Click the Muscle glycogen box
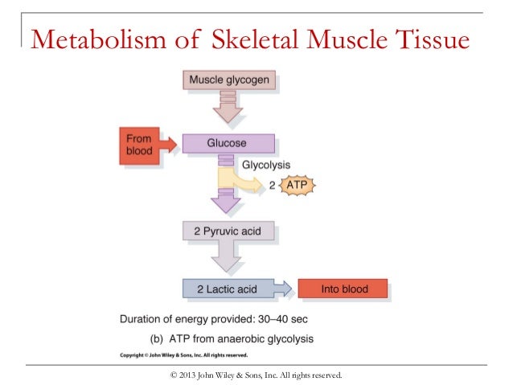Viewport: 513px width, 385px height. coord(230,80)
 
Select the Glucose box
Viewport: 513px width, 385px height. coord(226,143)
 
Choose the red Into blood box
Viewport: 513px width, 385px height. coord(343,288)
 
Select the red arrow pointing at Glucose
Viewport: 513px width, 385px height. coord(168,144)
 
